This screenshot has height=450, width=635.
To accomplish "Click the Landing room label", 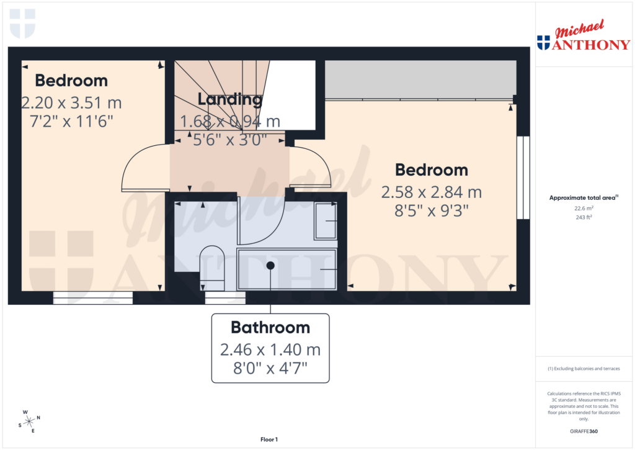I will (229, 99).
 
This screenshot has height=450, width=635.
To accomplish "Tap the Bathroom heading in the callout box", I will (270, 327).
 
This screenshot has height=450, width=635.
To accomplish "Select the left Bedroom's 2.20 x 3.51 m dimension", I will (72, 102).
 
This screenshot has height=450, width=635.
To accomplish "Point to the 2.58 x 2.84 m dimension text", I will (432, 192).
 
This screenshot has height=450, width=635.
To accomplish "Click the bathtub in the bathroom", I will (286, 269).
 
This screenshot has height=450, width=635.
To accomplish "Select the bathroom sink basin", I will (325, 221).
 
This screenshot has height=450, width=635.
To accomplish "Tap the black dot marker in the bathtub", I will (270, 265).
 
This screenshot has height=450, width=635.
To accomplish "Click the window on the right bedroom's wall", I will (523, 178).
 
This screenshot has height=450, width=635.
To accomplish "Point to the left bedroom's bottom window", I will (93, 298).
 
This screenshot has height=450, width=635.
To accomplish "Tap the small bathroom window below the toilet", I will (225, 298).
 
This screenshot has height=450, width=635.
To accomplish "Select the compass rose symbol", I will (29, 421).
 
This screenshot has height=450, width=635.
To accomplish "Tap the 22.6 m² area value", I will (583, 209).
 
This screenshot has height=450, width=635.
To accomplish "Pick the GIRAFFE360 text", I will (584, 431).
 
